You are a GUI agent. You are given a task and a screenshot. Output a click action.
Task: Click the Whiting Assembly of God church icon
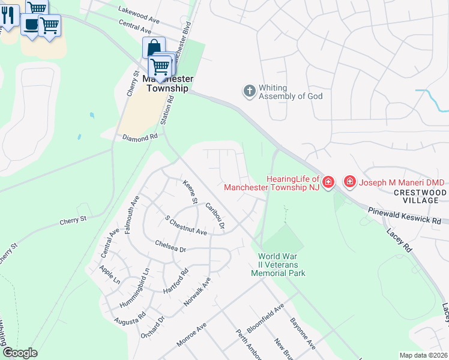pyautogui.click(x=250, y=92)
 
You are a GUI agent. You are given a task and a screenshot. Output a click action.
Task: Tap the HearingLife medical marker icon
pyautogui.click(x=328, y=182)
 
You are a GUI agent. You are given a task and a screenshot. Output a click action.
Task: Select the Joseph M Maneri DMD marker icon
pyautogui.click(x=349, y=181)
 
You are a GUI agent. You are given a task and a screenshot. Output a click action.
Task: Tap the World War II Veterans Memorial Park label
pyautogui.click(x=278, y=265)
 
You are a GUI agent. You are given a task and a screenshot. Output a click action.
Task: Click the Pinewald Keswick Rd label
pyautogui.click(x=405, y=212)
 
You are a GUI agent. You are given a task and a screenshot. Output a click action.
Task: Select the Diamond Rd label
pyautogui.click(x=139, y=136)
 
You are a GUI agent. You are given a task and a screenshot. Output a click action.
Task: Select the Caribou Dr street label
pyautogui.click(x=214, y=216)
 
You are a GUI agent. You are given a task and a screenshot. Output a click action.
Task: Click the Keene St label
pyautogui.click(x=190, y=192)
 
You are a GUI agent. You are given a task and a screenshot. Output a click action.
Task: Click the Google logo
pyautogui.click(x=20, y=353)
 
